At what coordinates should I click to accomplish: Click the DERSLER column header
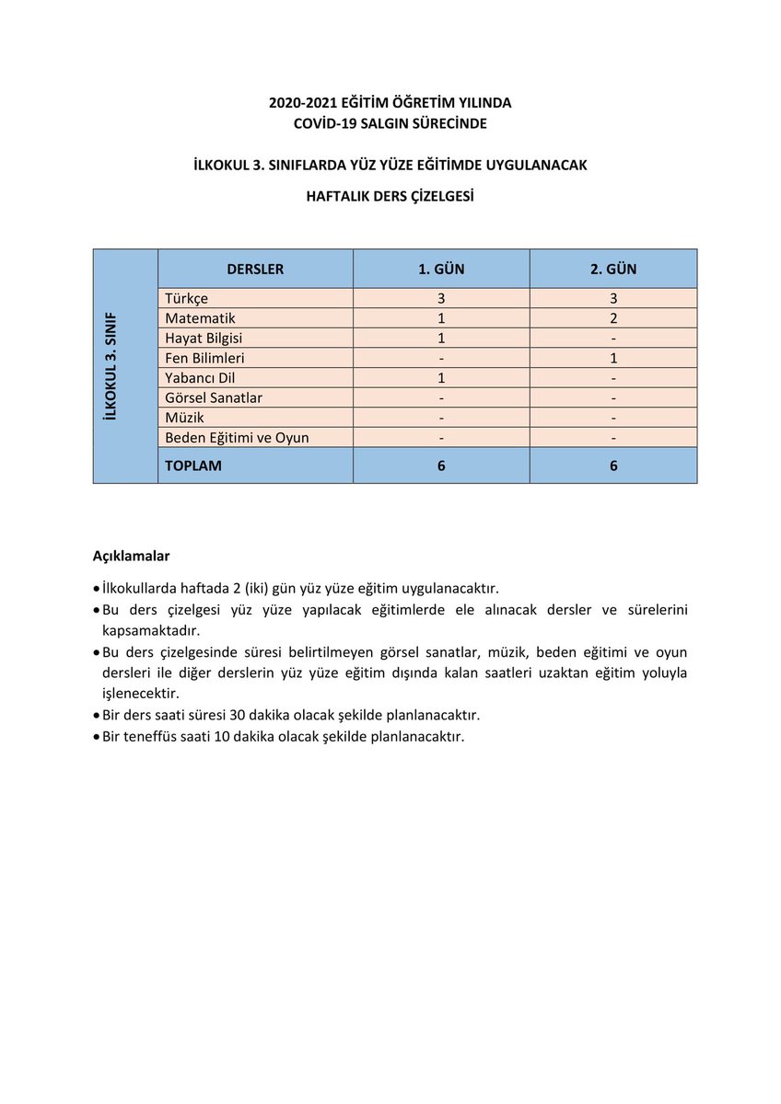[255, 270]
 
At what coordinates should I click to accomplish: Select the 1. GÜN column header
[441, 270]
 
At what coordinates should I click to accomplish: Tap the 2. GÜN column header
[613, 270]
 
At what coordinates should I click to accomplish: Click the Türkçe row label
[187, 299]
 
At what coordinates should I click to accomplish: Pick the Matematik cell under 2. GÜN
[613, 318]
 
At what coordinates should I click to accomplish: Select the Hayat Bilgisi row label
[204, 339]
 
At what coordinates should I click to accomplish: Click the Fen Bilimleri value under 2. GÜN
[613, 358]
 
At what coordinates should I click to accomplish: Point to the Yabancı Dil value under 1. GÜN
[441, 378]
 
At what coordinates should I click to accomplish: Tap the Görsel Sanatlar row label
[214, 398]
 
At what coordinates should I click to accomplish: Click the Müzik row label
[183, 418]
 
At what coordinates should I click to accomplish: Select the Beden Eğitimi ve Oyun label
[237, 438]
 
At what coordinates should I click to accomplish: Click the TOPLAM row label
[193, 466]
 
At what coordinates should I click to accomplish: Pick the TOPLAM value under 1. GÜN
[441, 466]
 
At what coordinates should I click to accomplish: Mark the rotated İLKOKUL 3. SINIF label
[111, 366]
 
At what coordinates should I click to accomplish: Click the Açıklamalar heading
[131, 557]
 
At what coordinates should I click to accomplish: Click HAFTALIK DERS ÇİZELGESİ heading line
[390, 196]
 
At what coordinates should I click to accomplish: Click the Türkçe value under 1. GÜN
[441, 299]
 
